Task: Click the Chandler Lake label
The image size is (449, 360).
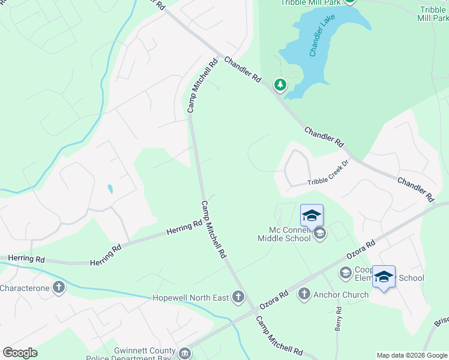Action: pos(321,37)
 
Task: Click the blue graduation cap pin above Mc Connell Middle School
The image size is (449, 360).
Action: pos(312,215)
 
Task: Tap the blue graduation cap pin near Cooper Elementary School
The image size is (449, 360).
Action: pos(384,277)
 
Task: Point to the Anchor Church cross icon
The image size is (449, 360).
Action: pos(304,294)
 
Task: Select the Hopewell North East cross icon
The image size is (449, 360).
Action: pos(239,296)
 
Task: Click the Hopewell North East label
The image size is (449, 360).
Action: pos(191,297)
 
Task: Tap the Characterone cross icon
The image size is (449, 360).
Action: pos(58,287)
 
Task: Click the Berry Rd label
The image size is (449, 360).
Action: pos(338,318)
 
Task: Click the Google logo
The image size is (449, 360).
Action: pos(20,353)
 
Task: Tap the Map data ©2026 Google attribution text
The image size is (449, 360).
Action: pos(411,355)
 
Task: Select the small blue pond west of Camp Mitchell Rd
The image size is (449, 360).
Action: pos(109,189)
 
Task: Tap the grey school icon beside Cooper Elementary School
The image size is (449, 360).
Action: pos(345,273)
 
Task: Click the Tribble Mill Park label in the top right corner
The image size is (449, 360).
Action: pos(432,13)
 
